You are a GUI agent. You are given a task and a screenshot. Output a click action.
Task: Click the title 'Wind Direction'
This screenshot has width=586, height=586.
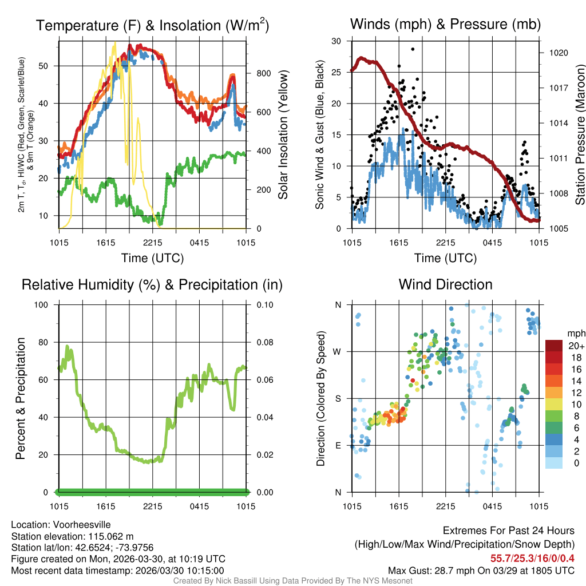445,284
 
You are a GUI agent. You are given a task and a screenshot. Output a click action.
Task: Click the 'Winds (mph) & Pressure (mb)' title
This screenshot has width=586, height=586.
445,25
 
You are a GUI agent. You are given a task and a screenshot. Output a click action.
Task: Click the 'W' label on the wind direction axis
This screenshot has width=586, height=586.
338,351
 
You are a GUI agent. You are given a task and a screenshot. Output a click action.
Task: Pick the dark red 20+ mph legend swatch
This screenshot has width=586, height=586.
556,346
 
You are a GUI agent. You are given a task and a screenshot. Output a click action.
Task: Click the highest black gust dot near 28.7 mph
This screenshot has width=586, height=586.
413,49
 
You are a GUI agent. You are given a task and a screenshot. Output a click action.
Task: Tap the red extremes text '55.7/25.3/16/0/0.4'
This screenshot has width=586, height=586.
532,558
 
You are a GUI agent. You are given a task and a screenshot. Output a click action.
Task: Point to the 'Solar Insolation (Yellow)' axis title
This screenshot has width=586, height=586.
283,135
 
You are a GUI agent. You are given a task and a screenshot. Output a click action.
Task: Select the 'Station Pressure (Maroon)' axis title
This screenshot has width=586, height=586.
579,135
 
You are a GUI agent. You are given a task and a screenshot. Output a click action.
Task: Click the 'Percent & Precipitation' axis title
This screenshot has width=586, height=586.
20,398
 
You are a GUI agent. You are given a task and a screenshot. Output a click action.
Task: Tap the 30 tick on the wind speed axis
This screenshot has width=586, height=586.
337,41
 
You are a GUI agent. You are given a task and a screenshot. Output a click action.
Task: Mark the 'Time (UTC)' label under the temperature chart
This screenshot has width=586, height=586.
152,258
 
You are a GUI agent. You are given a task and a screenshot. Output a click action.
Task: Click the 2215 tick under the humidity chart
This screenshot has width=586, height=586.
153,506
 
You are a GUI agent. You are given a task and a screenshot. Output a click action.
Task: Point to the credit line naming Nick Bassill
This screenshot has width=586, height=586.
293,581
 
